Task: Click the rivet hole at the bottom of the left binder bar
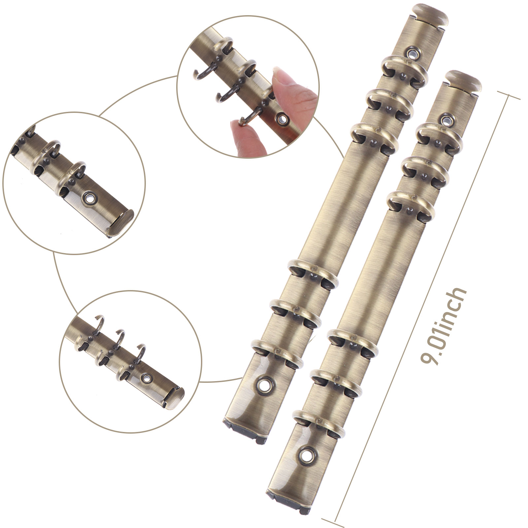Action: click(264, 385)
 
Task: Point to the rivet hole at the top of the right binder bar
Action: click(448, 119)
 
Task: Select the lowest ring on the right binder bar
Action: click(319, 424)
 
